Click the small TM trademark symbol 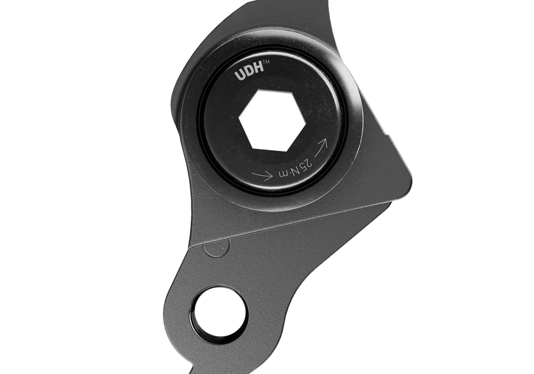266,62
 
